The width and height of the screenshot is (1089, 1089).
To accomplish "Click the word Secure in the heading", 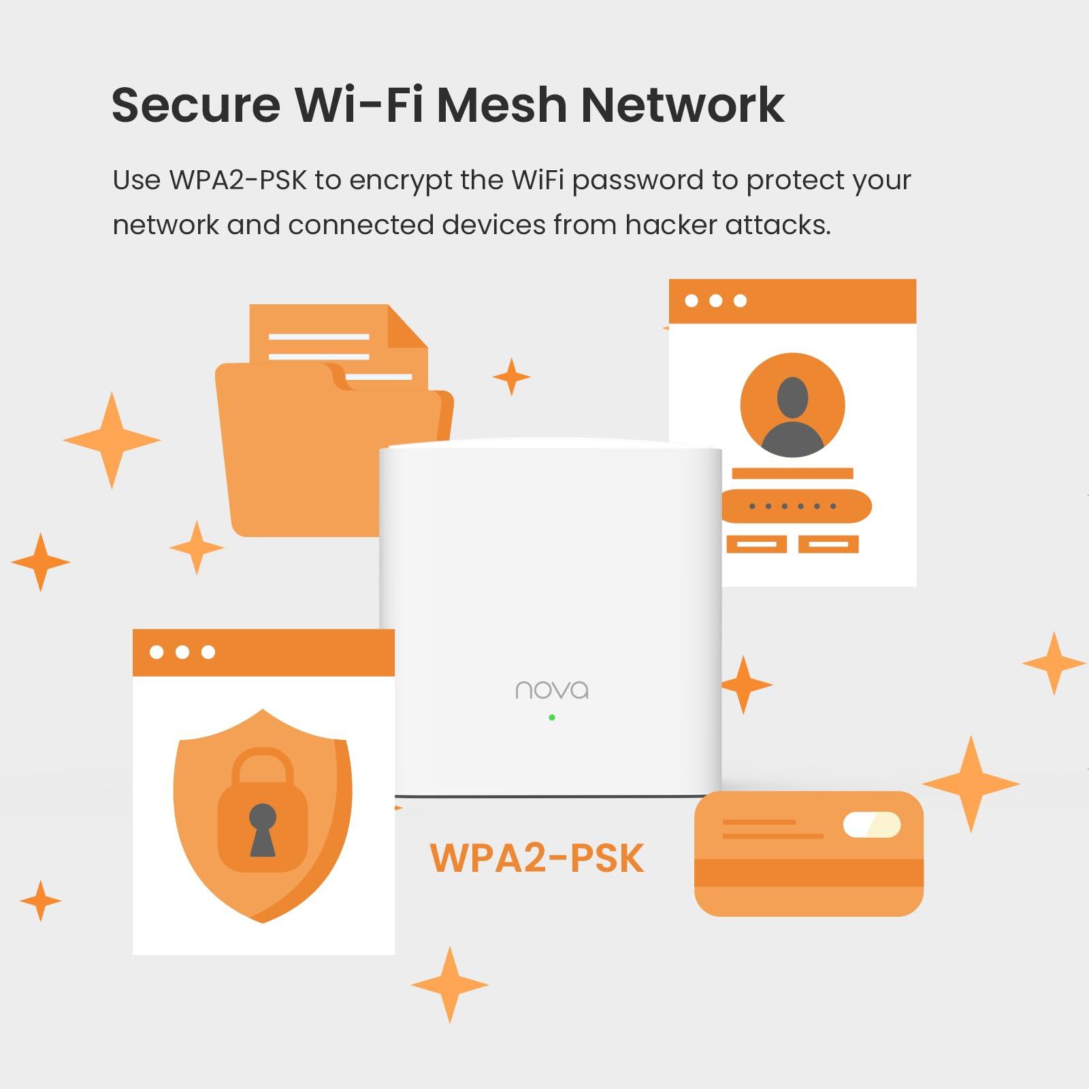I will tap(196, 105).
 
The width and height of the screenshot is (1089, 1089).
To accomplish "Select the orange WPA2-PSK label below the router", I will tap(537, 858).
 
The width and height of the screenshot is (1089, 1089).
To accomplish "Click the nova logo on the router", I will tap(552, 690).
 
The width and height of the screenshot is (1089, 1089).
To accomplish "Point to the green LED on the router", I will tap(552, 717).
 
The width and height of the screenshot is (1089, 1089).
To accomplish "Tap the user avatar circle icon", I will tap(792, 405).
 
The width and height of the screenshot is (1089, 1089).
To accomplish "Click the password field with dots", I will tap(794, 506).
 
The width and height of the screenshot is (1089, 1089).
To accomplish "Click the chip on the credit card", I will tap(871, 825).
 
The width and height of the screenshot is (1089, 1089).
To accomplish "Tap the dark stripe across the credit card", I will tap(809, 873).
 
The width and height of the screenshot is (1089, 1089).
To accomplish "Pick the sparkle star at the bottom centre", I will tap(449, 985).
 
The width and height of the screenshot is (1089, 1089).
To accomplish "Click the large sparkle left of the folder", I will tap(112, 440).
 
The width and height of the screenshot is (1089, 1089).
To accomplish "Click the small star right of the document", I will tap(511, 376).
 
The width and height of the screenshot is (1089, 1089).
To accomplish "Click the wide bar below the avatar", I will tap(792, 474).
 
